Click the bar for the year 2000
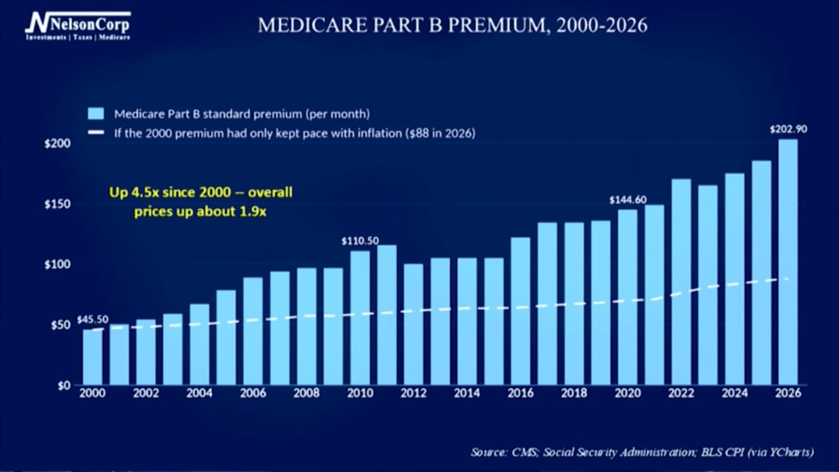(x=92, y=357)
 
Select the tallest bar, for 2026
(x=788, y=262)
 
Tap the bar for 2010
(x=360, y=318)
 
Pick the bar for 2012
(x=413, y=324)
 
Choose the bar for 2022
(x=681, y=282)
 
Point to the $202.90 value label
(x=789, y=129)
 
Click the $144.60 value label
(x=628, y=200)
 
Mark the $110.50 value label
(x=360, y=241)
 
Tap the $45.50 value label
(x=92, y=320)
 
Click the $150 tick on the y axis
(x=57, y=204)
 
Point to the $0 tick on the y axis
(x=64, y=385)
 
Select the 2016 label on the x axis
(x=520, y=393)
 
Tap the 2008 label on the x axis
(x=306, y=393)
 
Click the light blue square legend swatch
(x=96, y=113)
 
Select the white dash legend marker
(x=96, y=132)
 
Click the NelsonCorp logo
(x=78, y=26)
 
